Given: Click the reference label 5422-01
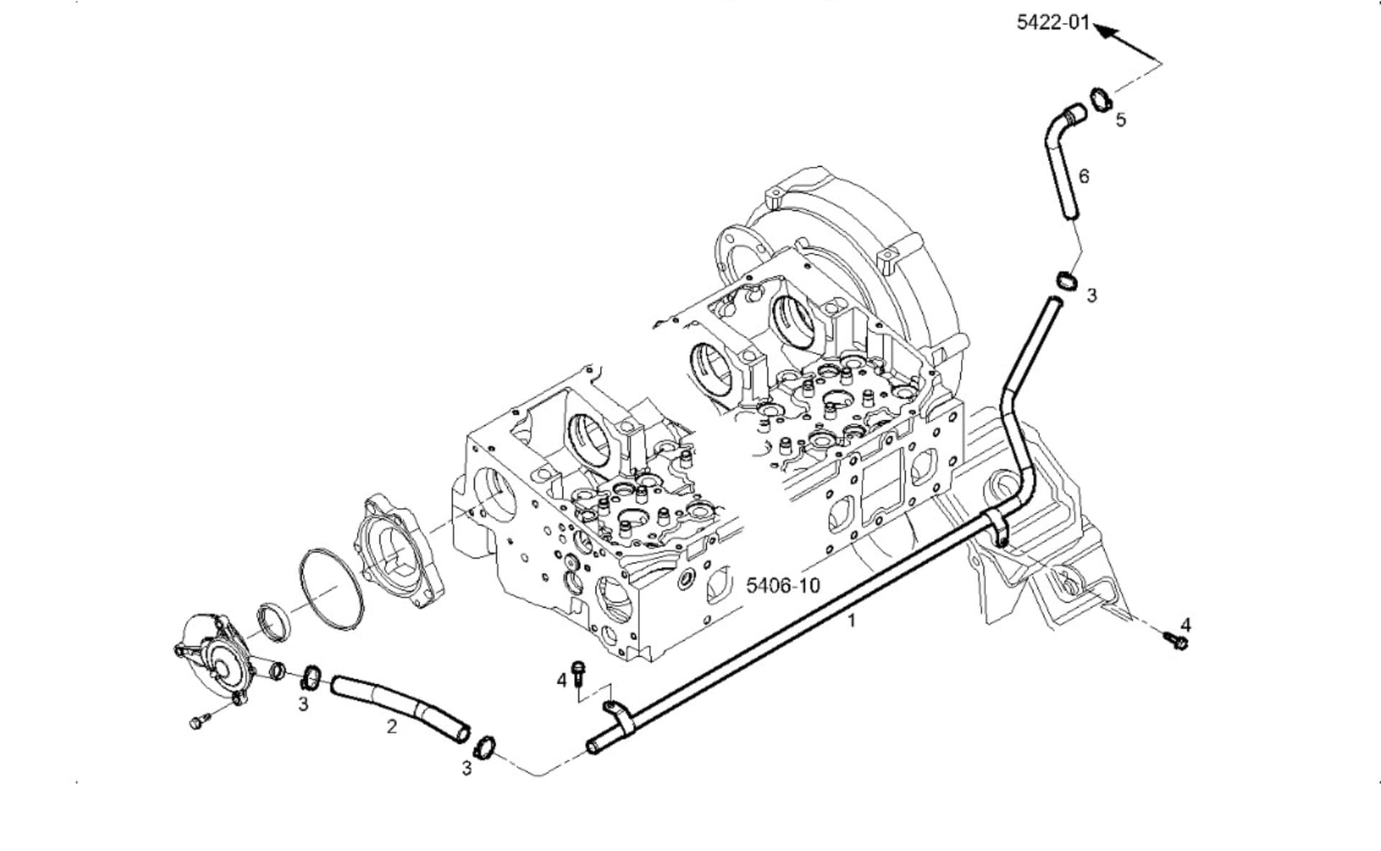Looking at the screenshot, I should click(x=1052, y=22).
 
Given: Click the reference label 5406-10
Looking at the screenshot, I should click(x=783, y=585).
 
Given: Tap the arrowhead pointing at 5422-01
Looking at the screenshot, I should click(x=1105, y=31).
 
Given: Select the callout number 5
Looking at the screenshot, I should click(x=1121, y=119).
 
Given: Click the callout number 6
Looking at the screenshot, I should click(x=1084, y=176).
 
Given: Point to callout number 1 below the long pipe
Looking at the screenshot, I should click(x=852, y=620).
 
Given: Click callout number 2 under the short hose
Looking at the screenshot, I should click(x=391, y=727).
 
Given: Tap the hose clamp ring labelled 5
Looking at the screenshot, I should click(x=1100, y=99).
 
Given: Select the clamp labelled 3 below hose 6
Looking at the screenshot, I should click(x=1066, y=280).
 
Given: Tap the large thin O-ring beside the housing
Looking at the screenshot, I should click(x=330, y=590).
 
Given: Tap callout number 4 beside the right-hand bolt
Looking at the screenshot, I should click(x=1185, y=624).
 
